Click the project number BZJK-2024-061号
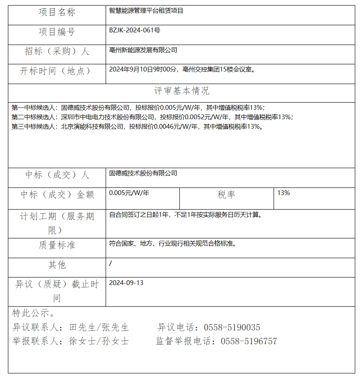(x=134, y=30)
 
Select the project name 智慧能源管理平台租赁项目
(x=146, y=11)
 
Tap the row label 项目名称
(x=57, y=13)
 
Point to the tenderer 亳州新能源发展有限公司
(x=143, y=50)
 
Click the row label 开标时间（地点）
(x=56, y=71)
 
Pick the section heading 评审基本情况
(x=181, y=91)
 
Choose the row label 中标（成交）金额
(x=57, y=195)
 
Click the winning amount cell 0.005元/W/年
(x=129, y=193)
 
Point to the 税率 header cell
(x=226, y=195)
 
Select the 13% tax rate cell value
(x=284, y=193)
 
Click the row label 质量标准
(x=57, y=245)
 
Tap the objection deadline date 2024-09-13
(x=126, y=283)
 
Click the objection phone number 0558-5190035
(x=232, y=328)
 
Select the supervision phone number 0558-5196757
(x=249, y=341)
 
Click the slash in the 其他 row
(x=110, y=263)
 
